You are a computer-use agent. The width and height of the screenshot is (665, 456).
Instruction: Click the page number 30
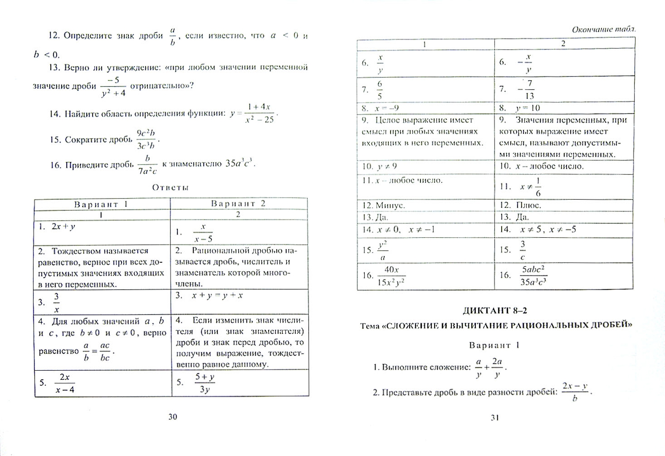[173, 417]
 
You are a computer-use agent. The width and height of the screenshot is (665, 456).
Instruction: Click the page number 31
[495, 418]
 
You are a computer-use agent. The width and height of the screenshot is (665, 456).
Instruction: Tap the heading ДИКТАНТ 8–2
[495, 311]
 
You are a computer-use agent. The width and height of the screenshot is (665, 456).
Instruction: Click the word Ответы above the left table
[171, 187]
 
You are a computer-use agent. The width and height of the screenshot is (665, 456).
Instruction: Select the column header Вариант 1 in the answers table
[101, 204]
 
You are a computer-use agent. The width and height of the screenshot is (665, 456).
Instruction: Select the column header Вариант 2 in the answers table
[239, 204]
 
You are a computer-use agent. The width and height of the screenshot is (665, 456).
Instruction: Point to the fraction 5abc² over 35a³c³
[533, 276]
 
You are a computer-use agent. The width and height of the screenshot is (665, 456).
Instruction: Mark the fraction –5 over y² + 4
[114, 86]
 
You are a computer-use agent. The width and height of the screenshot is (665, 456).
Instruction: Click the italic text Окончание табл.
[603, 30]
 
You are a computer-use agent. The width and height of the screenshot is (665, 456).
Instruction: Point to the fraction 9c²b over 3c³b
[146, 139]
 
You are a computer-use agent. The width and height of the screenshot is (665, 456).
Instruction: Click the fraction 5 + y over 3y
[205, 383]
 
